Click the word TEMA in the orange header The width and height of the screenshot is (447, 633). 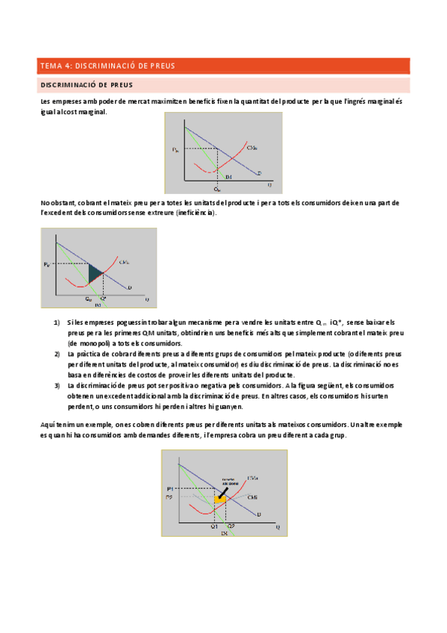(51, 66)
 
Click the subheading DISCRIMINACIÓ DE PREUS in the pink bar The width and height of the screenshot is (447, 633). (87, 84)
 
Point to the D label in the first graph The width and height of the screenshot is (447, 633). (258, 173)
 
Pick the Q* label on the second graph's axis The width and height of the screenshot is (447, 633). (103, 299)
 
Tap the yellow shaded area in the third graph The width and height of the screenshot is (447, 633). (220, 498)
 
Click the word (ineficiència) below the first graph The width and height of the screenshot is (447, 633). (196, 213)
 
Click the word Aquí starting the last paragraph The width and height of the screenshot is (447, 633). (49, 423)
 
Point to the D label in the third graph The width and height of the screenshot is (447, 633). (258, 515)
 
